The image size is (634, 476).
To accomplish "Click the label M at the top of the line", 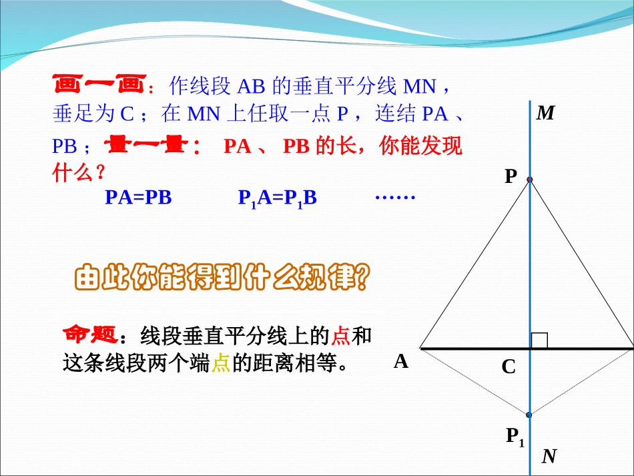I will pos(546,113).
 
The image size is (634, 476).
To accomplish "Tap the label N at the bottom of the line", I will pos(549,457).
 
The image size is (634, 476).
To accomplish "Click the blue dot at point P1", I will pos(529,415).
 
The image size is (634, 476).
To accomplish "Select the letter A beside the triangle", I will pos(400,362).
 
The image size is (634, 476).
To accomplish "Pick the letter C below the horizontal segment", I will pos(509,367).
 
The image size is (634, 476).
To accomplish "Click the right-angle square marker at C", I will pos(539,340).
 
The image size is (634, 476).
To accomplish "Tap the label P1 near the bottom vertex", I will pos(515,437).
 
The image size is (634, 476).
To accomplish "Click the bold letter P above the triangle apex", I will pos(511,176).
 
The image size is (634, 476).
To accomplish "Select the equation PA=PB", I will pos(138,198).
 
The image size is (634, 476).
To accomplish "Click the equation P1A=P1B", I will pos(277,198).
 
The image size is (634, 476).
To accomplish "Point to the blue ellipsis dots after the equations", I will pos(395,197).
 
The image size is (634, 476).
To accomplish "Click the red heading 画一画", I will pos(98,86).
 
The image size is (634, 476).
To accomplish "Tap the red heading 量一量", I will pos(151,146).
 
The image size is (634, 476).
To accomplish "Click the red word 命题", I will pos(91,333).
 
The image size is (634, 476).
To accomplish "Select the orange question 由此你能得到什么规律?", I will pos(220,279).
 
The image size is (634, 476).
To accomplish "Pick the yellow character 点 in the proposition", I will pos(220,363).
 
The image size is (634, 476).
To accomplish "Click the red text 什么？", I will pos(79,173).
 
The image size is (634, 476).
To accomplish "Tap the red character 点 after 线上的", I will pos(340,334).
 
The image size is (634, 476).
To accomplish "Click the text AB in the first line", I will pos(251,87).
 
